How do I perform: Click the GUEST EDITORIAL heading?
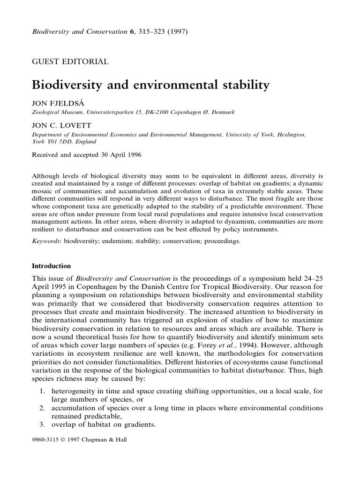click(x=70, y=61)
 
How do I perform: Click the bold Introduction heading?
click(x=51, y=266)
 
